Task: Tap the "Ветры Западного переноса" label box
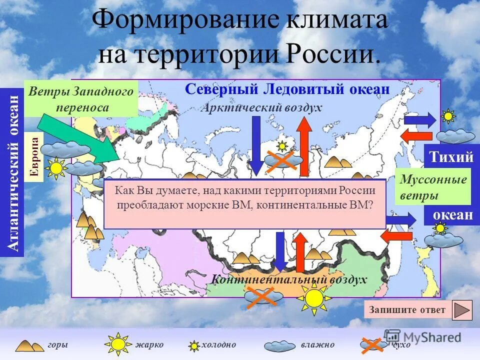(x=81, y=99)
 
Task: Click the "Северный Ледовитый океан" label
(x=286, y=90)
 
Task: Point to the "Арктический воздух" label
(x=261, y=107)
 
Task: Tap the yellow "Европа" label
(x=36, y=157)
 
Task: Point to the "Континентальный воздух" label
(x=289, y=279)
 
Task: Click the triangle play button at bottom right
(x=462, y=310)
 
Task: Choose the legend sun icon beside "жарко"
(x=118, y=344)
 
